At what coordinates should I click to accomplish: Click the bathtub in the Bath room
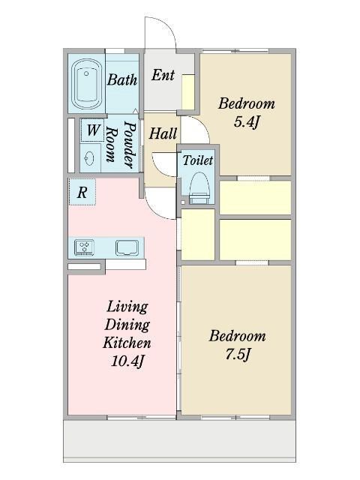coord(87,84)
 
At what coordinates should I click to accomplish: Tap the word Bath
coord(122,79)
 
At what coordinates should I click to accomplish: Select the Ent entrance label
coord(163,75)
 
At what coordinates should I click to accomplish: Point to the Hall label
coord(163,133)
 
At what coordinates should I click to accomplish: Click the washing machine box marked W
coord(93,130)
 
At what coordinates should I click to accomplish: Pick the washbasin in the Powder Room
coord(89,158)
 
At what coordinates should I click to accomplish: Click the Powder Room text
coord(121,145)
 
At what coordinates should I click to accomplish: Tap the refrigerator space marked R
coord(82,192)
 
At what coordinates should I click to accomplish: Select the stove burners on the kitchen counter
coord(84,247)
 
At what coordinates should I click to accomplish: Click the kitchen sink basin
coord(127,247)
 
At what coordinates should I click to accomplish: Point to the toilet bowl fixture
coord(200,188)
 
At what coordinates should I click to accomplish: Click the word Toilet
coord(198,160)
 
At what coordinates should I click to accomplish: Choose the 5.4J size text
coord(247,122)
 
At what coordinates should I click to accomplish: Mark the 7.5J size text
coord(238,355)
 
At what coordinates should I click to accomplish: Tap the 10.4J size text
coord(127,361)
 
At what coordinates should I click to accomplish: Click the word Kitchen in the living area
coord(127,343)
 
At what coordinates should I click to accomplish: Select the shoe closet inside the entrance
coord(188,91)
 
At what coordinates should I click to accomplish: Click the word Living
coord(127,307)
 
